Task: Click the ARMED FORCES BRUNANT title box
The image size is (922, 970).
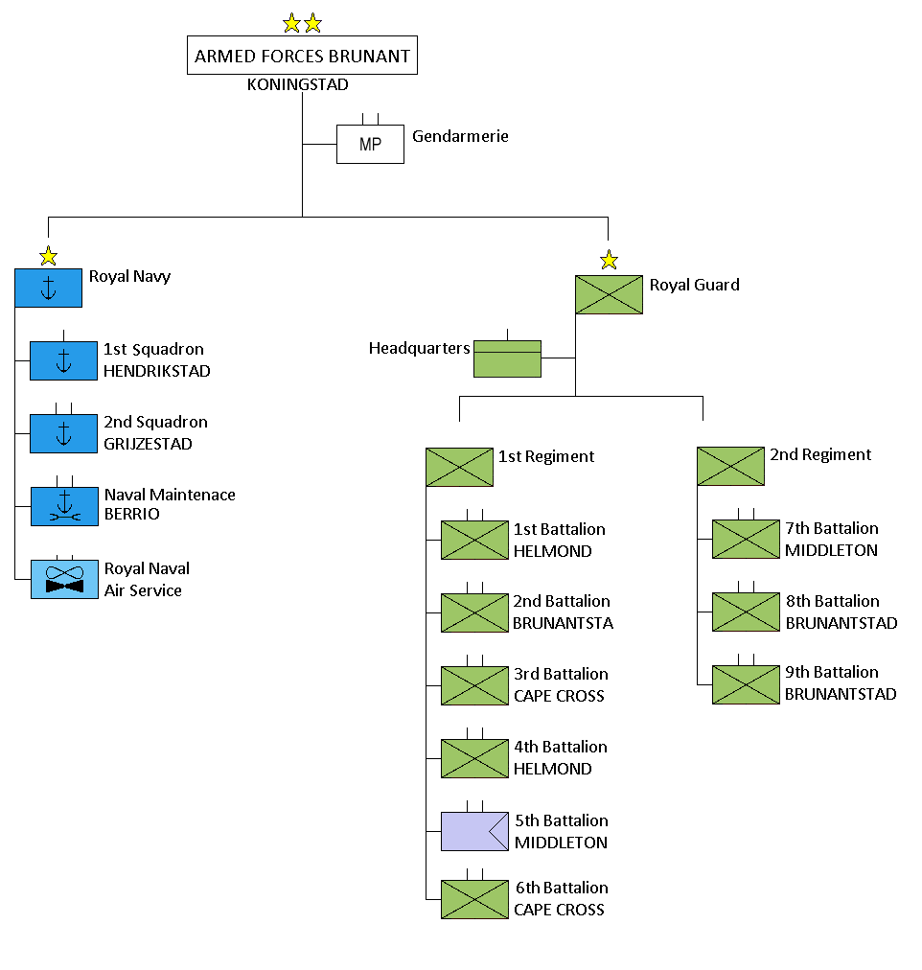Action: pyautogui.click(x=302, y=56)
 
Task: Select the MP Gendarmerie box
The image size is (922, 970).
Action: pyautogui.click(x=370, y=145)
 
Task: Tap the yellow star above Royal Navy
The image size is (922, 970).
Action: pyautogui.click(x=48, y=256)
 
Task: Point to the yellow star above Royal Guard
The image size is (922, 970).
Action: pyautogui.click(x=609, y=260)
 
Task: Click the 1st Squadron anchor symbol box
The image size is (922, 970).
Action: pyautogui.click(x=63, y=360)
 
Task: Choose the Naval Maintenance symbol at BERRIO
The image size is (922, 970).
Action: pyautogui.click(x=63, y=506)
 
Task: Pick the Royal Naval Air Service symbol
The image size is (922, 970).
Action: pyautogui.click(x=64, y=579)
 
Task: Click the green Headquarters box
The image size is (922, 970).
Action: pyautogui.click(x=508, y=358)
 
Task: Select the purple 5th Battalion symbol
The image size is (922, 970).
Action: pyautogui.click(x=474, y=831)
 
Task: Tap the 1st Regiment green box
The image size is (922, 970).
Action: pyautogui.click(x=459, y=467)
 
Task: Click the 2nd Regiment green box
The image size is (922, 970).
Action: pyautogui.click(x=730, y=466)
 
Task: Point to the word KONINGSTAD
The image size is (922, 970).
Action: pyautogui.click(x=297, y=84)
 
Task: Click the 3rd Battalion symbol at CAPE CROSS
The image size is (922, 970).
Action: pyautogui.click(x=474, y=685)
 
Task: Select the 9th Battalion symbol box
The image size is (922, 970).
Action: pyautogui.click(x=746, y=684)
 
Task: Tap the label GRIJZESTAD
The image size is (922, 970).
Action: pyautogui.click(x=148, y=444)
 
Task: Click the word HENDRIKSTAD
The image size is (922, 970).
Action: pyautogui.click(x=156, y=371)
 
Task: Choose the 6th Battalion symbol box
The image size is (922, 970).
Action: pyautogui.click(x=474, y=899)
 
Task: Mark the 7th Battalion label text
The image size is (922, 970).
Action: pyautogui.click(x=831, y=528)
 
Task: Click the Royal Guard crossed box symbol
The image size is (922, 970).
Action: pyautogui.click(x=609, y=295)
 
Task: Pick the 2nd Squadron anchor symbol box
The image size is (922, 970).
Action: pyautogui.click(x=63, y=433)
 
